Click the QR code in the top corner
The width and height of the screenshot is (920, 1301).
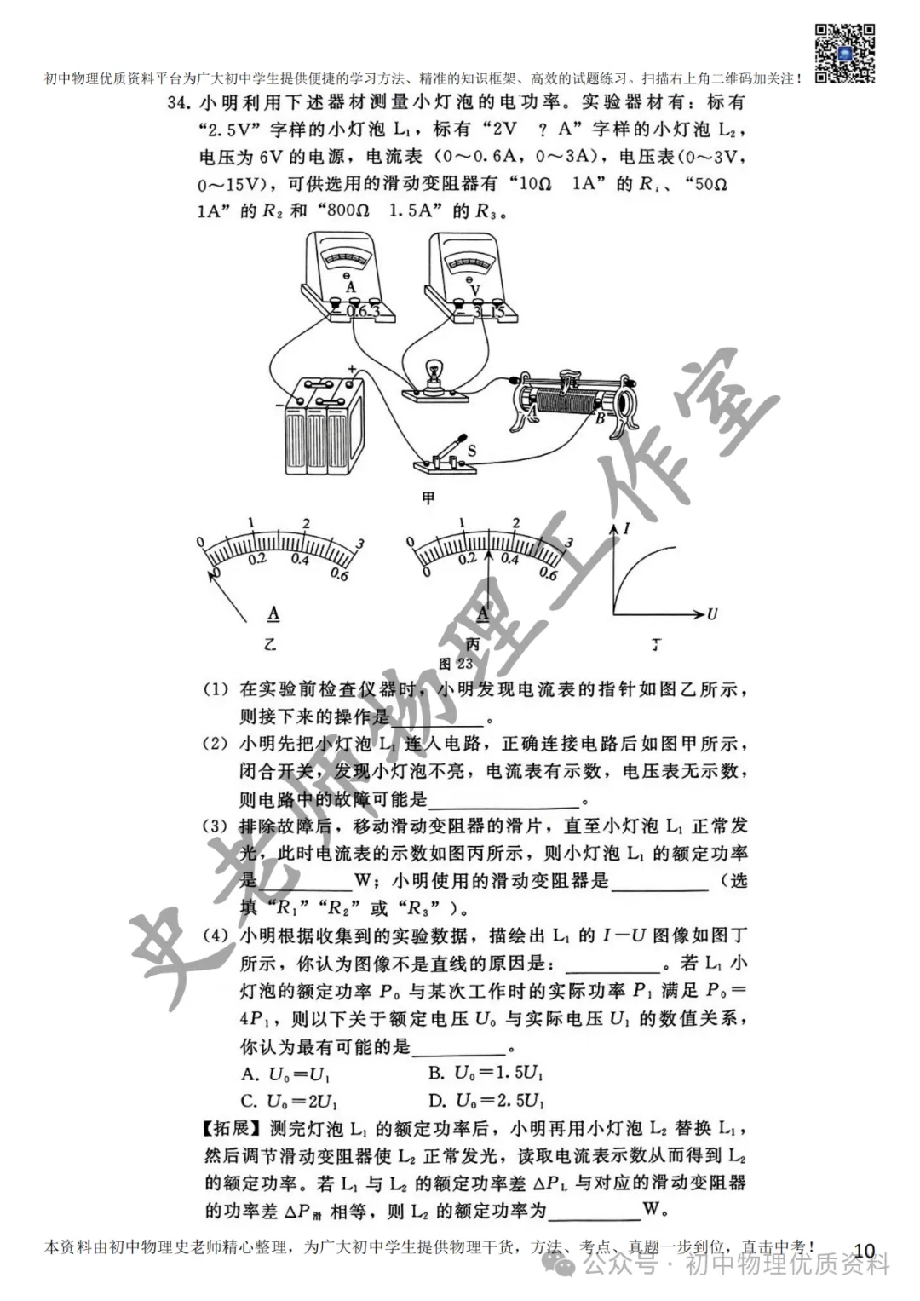coord(845,52)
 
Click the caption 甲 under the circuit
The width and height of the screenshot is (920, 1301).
coord(428,498)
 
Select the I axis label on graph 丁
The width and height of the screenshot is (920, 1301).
coord(627,529)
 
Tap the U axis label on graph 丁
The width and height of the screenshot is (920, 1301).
coord(711,613)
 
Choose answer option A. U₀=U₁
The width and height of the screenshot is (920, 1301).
coord(287,1073)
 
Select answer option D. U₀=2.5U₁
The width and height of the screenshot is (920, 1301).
coord(486,1100)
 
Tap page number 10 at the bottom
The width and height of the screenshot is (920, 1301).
coord(864,1250)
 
